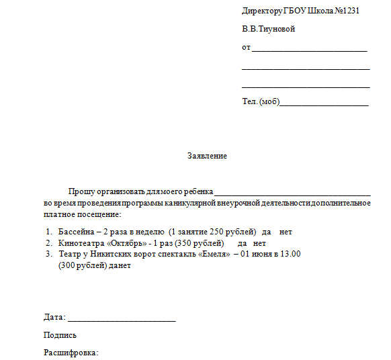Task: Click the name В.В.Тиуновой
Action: point(268,30)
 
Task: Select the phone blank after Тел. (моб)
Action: point(324,104)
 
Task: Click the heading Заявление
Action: point(207,156)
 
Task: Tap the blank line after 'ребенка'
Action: point(292,193)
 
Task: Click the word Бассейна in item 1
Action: point(75,232)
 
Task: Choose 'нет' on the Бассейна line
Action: point(286,232)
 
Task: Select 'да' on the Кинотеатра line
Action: point(243,242)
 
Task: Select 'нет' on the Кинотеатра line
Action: point(260,242)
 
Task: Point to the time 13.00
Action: point(290,254)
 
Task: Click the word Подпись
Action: point(60,335)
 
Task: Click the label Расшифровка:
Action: point(71,352)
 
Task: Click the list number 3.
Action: point(48,254)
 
